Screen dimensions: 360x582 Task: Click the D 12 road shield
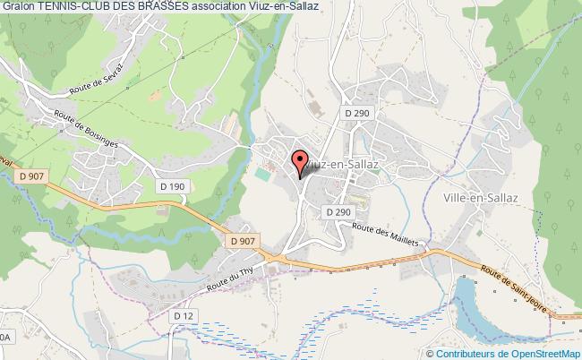[x=184, y=316]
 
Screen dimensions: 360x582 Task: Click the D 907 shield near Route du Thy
[x=242, y=241]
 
